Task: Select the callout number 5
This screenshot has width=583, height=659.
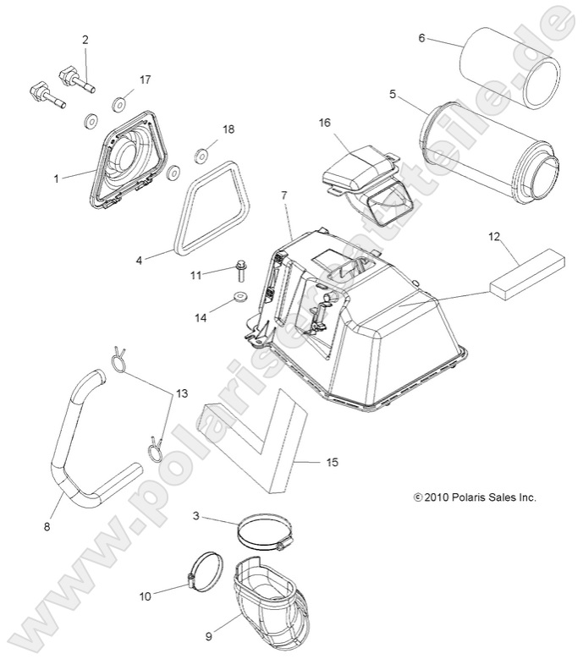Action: (393, 94)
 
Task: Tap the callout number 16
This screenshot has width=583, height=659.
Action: (324, 123)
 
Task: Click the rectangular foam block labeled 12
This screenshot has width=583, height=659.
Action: (519, 272)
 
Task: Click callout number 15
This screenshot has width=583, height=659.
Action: (332, 462)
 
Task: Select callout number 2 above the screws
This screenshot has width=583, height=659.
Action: (85, 40)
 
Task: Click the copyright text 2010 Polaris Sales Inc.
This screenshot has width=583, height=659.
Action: (476, 497)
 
